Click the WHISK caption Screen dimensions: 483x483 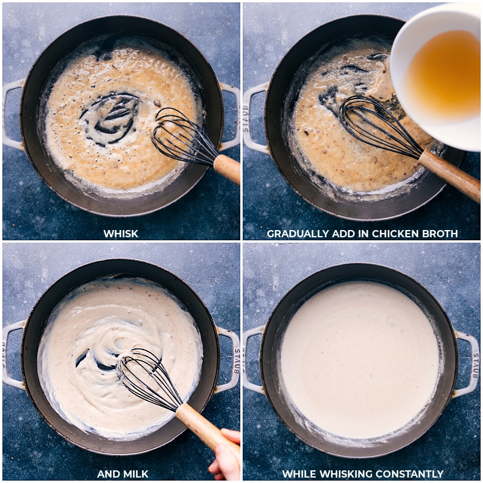(121, 234)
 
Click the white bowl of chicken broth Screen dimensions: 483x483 (438, 72)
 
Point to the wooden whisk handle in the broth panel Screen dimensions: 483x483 (449, 174)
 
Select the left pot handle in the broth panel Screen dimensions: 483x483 (254, 118)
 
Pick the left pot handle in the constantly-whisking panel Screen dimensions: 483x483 (253, 359)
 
